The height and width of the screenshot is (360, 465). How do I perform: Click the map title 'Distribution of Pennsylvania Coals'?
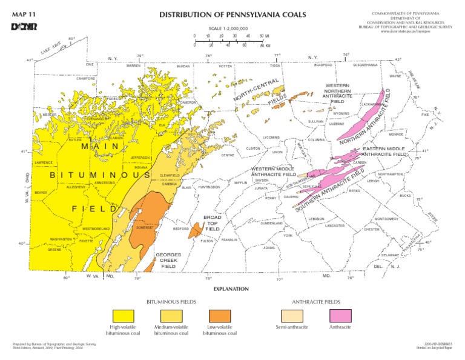pyautogui.click(x=232, y=15)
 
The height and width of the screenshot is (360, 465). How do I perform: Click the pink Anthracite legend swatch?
pyautogui.click(x=341, y=315)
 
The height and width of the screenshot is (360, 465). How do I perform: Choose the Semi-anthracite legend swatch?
pyautogui.click(x=292, y=315)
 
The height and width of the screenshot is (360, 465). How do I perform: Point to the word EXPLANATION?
pyautogui.click(x=232, y=289)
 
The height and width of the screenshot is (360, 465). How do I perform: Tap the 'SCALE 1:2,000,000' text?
pyautogui.click(x=228, y=28)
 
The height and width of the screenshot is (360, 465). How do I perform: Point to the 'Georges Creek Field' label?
pyautogui.click(x=168, y=261)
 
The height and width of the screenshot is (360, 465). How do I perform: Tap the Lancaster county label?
pyautogui.click(x=335, y=225)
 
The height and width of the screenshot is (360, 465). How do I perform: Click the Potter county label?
pyautogui.click(x=225, y=66)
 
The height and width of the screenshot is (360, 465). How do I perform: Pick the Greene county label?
pyautogui.click(x=54, y=249)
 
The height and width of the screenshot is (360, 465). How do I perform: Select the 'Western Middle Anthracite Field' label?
pyautogui.click(x=274, y=172)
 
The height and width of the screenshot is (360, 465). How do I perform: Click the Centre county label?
pyautogui.click(x=228, y=155)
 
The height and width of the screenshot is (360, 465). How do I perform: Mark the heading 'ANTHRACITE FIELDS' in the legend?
pyautogui.click(x=317, y=301)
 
